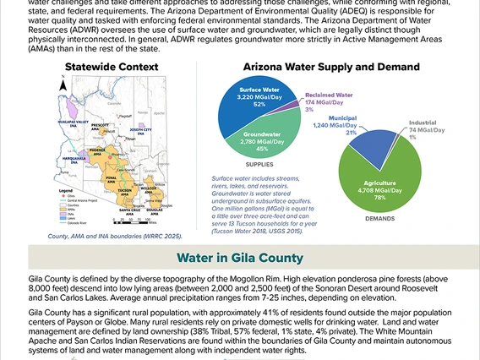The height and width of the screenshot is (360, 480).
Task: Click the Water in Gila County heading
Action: [x=240, y=258]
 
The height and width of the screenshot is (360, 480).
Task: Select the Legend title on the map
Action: [x=63, y=191]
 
